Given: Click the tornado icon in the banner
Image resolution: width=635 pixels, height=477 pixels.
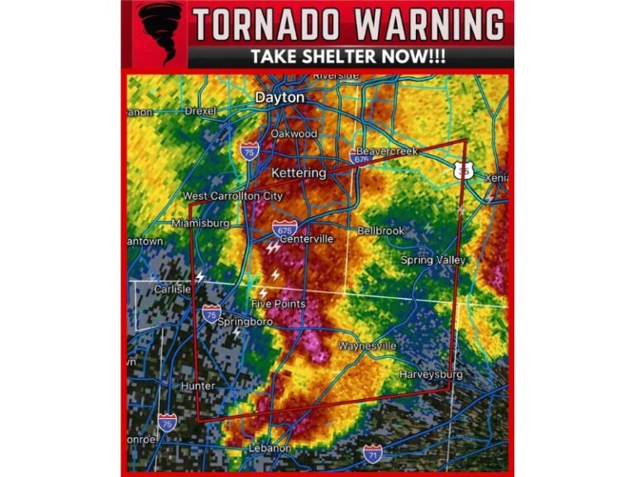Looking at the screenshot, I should (x=159, y=32).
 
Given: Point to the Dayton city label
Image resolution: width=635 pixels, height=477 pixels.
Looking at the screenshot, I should (x=279, y=98).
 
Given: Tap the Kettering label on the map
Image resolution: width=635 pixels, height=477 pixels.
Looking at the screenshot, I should (x=298, y=172).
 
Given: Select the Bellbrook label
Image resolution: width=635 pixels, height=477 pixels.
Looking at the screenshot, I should (x=380, y=231).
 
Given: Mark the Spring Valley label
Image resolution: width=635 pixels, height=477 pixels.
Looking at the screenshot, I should (x=433, y=260).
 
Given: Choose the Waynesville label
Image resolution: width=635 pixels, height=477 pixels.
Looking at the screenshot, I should (x=368, y=345).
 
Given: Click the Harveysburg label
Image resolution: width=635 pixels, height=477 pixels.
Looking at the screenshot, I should (x=431, y=374).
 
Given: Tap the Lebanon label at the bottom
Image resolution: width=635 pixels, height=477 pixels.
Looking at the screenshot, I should (x=270, y=448).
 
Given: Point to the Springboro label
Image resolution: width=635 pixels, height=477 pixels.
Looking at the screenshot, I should (x=245, y=321).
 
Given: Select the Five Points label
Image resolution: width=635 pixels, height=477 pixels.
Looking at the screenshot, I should (x=279, y=304).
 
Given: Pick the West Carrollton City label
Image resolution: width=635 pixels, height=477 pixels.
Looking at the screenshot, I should (x=232, y=196).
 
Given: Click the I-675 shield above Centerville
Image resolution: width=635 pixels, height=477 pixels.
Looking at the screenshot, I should (x=283, y=228).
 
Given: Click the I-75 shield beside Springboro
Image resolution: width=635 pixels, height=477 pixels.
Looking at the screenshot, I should (x=212, y=314).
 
